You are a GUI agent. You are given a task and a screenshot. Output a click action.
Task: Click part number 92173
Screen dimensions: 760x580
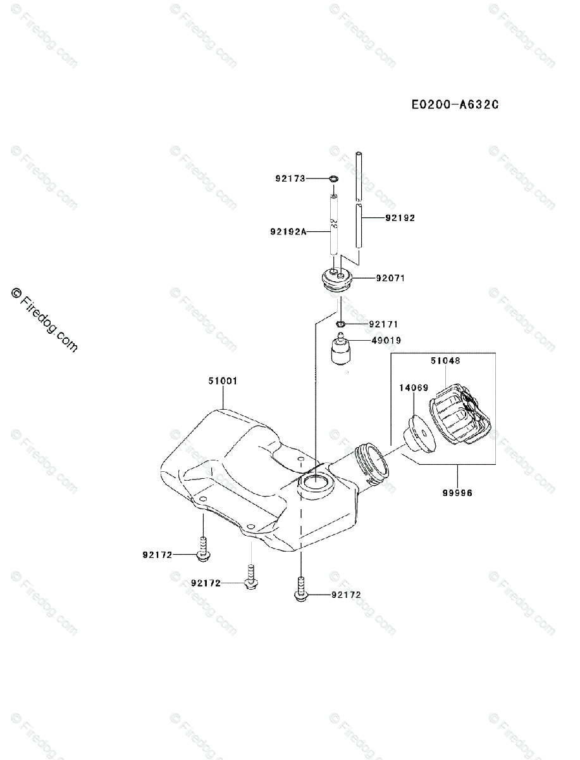click(290, 179)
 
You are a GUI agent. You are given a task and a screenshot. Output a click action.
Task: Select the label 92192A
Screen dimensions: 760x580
click(288, 232)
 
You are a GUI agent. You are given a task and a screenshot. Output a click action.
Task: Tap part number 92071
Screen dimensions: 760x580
click(390, 278)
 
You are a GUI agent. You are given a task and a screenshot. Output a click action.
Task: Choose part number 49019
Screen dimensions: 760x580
click(386, 340)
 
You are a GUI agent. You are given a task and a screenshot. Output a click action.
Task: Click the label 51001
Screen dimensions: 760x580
click(223, 381)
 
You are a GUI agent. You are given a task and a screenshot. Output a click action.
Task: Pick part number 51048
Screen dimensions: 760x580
click(447, 360)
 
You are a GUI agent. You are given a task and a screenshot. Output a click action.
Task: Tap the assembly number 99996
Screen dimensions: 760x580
click(457, 491)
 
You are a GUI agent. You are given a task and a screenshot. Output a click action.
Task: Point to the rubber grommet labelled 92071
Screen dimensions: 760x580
click(338, 279)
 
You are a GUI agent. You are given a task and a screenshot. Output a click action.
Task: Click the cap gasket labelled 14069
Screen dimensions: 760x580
click(416, 435)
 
